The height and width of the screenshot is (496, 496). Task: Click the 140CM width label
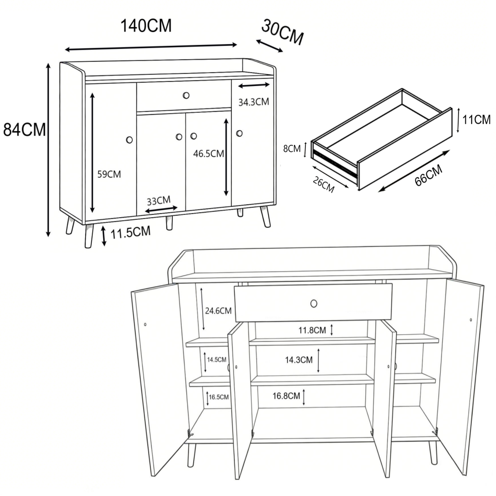coord(146,26)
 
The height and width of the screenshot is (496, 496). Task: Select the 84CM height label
coord(24,130)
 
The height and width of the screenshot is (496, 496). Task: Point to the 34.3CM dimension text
coord(254,102)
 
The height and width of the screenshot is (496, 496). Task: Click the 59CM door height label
coord(109,174)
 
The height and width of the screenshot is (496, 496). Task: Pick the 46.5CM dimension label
coord(208,153)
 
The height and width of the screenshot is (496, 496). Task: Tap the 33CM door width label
coord(158,201)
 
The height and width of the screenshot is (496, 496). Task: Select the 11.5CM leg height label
coord(131,232)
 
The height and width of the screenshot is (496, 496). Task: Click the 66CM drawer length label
coord(428,175)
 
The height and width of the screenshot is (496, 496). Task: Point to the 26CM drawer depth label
coord(324,185)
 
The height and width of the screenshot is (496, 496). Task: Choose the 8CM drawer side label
coord(292,149)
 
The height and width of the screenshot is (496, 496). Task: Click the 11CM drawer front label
coord(476,120)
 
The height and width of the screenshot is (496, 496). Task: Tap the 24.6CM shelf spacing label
coord(218,311)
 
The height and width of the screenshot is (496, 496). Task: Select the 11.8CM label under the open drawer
coord(312,330)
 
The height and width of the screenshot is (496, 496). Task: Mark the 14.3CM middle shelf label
coord(299,360)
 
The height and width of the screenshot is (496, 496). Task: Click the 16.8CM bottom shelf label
coord(286,396)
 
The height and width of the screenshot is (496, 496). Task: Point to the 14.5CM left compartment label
coord(217,360)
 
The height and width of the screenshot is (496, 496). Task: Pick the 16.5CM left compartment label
coord(219,397)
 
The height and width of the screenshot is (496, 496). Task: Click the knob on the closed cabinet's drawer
coord(186,95)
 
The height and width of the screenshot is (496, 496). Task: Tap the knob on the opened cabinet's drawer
coord(314,303)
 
